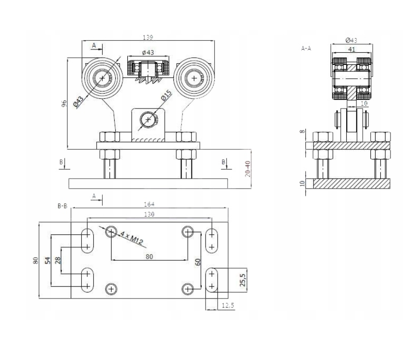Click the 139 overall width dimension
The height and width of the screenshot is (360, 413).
click(148, 37)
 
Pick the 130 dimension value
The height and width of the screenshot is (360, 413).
click(149, 214)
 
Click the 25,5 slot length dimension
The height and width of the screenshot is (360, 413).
click(243, 280)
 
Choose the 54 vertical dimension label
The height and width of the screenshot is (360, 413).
click(48, 261)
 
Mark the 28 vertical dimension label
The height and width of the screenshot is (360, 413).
click(58, 261)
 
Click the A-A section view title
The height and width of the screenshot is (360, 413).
click(306, 48)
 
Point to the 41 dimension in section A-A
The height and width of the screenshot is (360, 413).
click(351, 49)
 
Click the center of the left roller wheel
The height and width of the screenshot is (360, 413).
click(102, 78)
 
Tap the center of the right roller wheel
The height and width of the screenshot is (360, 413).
click(194, 78)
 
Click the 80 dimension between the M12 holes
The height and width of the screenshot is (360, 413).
click(149, 257)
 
